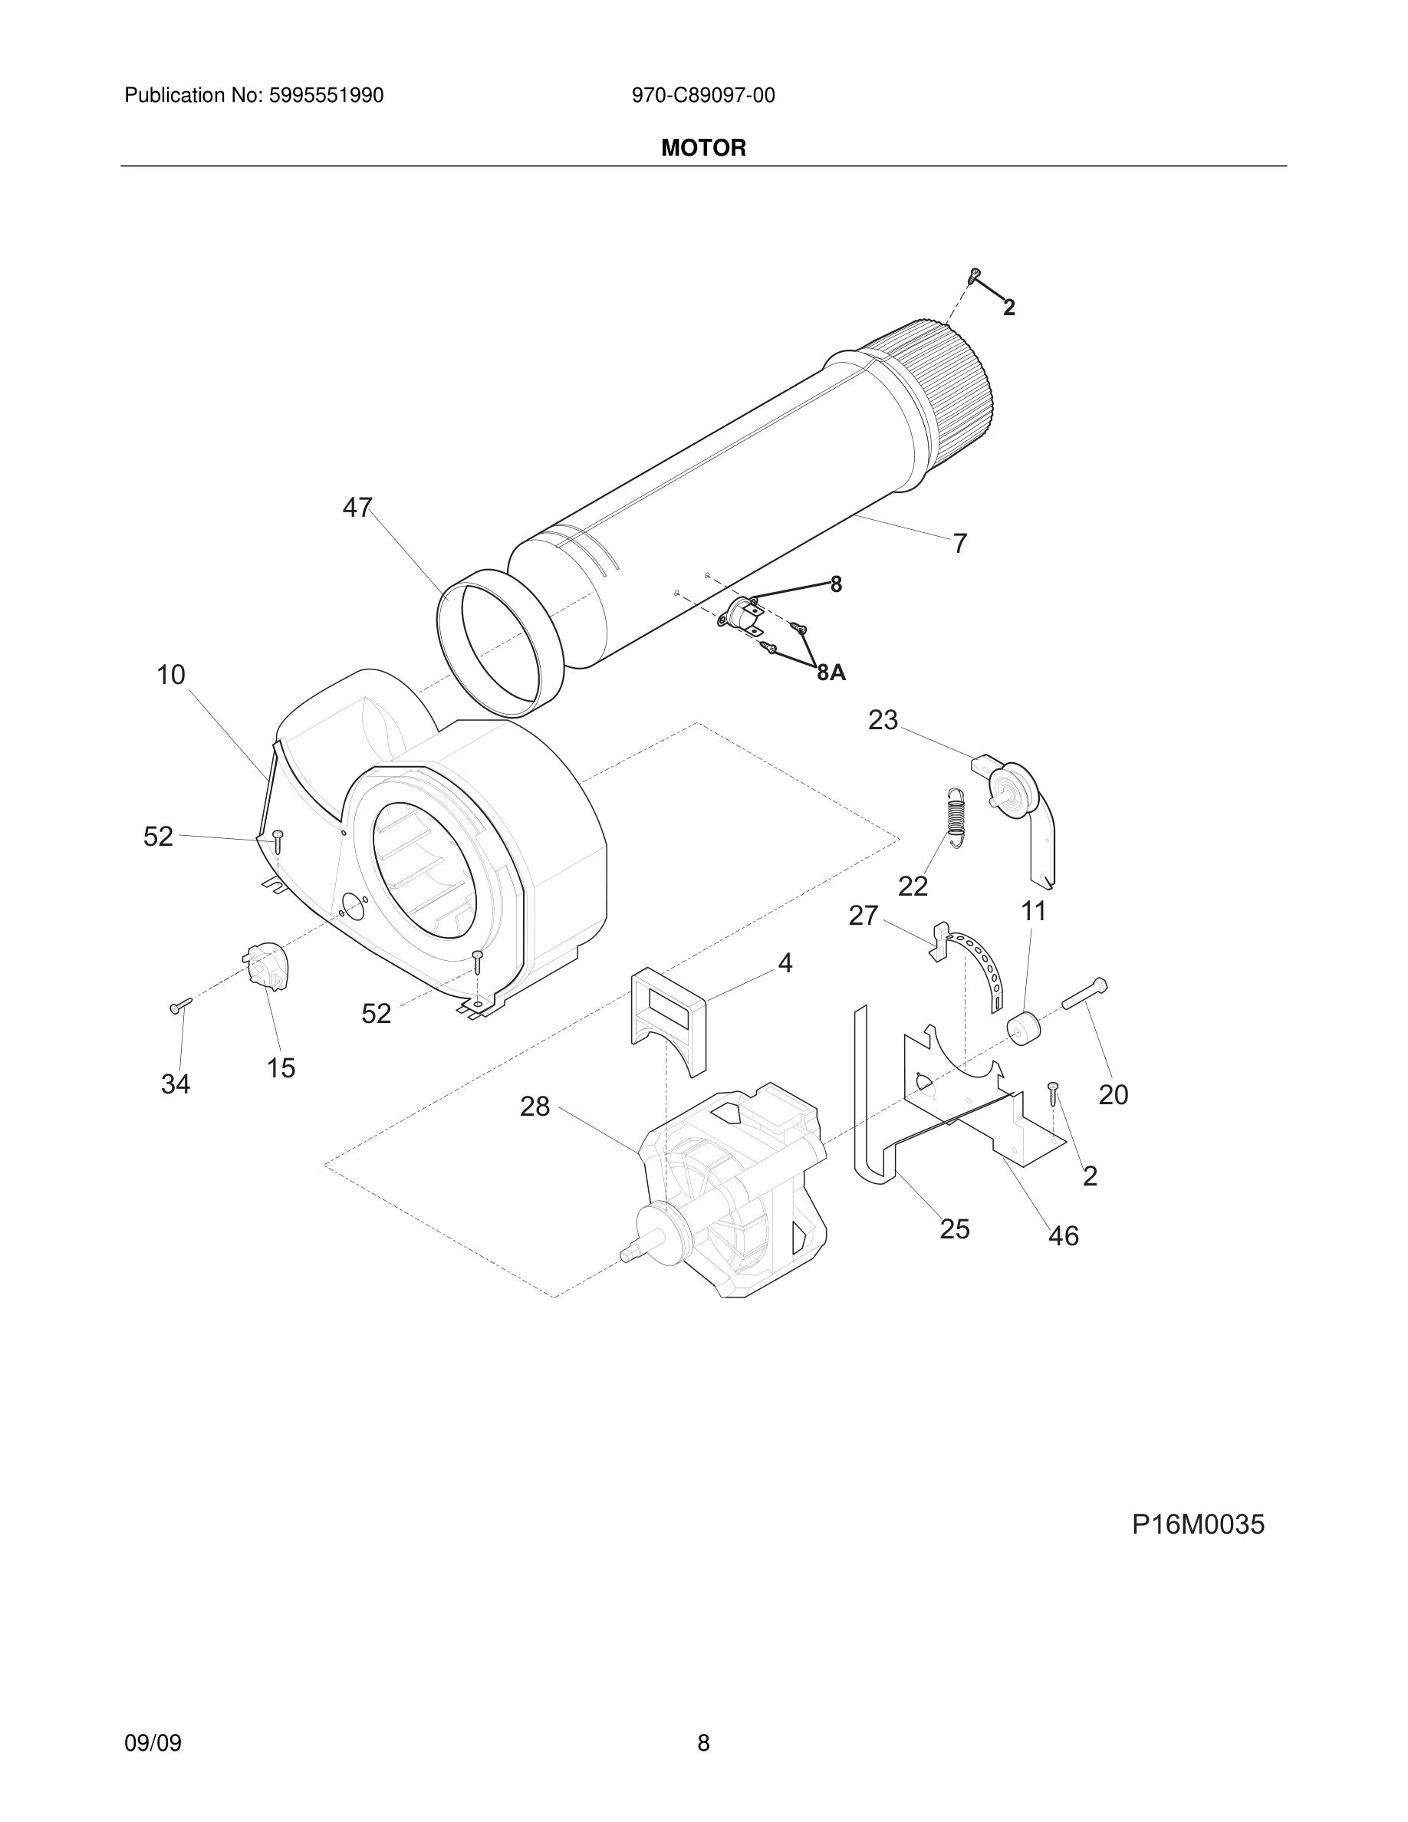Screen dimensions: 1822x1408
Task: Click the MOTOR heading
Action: pyautogui.click(x=703, y=149)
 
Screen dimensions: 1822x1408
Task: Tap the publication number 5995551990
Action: pyautogui.click(x=326, y=96)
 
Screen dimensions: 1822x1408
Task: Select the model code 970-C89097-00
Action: pyautogui.click(x=703, y=96)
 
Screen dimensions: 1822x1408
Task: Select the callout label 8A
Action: pyautogui.click(x=831, y=673)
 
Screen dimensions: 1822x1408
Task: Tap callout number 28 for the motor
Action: pyautogui.click(x=535, y=1107)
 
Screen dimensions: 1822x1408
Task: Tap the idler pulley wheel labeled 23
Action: pyautogui.click(x=1012, y=787)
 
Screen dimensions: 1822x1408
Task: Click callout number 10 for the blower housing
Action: pyautogui.click(x=171, y=674)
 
